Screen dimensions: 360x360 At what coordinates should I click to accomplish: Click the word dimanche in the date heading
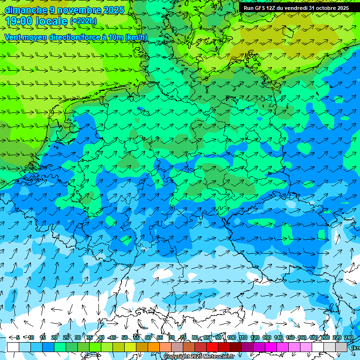(26, 10)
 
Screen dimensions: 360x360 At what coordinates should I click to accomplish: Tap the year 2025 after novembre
(112, 10)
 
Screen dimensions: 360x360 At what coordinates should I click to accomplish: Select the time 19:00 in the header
(20, 21)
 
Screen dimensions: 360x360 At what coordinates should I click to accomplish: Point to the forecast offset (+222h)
(83, 21)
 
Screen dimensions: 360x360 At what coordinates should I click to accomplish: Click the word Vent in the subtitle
(14, 37)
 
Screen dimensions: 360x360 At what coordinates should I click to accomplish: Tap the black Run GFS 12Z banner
(296, 8)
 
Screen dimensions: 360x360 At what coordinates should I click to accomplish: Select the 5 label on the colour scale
(18, 337)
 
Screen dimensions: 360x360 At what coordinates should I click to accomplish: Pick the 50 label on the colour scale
(124, 337)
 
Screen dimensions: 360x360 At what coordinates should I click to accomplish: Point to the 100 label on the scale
(232, 337)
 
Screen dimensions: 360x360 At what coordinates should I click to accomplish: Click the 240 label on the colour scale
(349, 337)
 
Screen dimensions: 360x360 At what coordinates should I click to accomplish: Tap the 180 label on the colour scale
(314, 337)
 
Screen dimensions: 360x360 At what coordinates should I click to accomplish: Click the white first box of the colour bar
(13, 347)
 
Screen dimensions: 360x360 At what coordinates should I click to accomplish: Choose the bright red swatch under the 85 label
(212, 347)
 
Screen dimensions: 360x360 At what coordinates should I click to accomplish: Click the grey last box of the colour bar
(341, 347)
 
